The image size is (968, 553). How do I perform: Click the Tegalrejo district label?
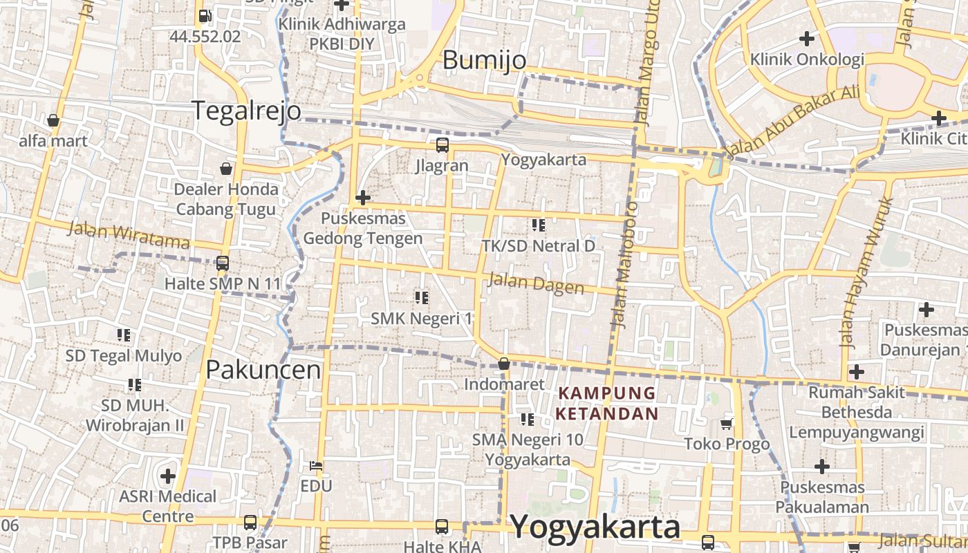point(246,111)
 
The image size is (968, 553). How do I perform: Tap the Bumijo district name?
point(484,61)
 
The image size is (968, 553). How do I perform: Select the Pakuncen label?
point(263,370)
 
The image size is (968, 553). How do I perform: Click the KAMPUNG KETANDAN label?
point(608,404)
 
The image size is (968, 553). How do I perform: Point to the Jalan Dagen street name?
point(536,283)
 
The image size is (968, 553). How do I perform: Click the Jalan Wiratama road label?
point(129,235)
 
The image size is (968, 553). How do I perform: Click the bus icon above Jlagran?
point(442,145)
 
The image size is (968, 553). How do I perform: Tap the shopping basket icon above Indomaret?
point(504,364)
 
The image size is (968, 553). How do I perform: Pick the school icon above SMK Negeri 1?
point(421,298)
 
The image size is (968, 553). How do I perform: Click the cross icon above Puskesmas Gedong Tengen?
point(363,198)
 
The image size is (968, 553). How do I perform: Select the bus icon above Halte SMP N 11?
point(222,263)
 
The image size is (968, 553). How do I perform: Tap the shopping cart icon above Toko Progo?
point(726,424)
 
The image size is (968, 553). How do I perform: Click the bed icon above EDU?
point(316,466)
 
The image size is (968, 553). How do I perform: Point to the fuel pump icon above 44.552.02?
point(205,16)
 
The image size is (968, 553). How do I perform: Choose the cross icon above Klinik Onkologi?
point(806,39)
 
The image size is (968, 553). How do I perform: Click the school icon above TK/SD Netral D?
point(538,225)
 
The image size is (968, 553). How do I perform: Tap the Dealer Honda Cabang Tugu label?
point(226,199)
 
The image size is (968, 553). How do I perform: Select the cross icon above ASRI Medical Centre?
point(167,476)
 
